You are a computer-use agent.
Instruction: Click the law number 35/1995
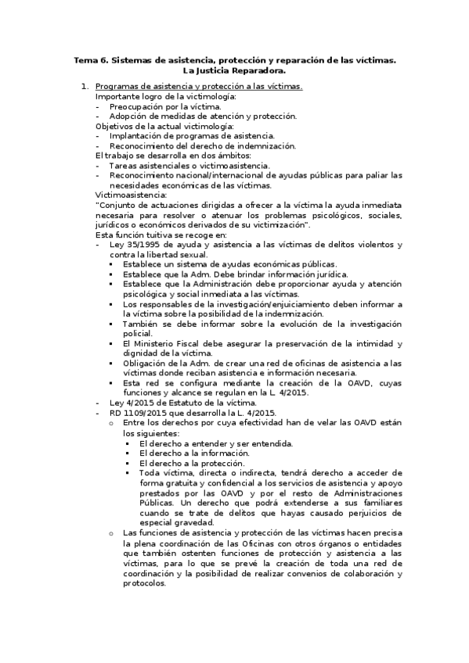[139, 245]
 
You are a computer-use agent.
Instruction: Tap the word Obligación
[146, 364]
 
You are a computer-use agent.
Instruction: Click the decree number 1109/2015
[139, 413]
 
